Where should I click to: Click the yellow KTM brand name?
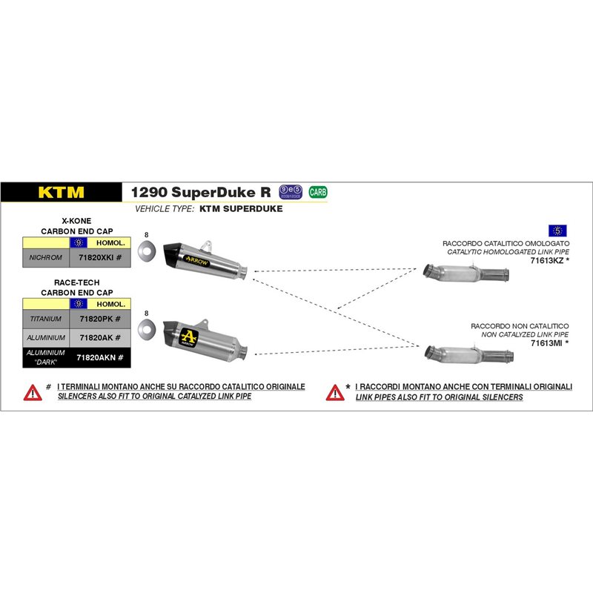point(61,193)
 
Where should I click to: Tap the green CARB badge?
point(318,192)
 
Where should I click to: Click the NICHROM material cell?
point(45,258)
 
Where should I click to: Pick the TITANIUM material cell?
point(45,319)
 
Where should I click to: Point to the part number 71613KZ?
point(549,261)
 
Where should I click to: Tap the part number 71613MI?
point(549,343)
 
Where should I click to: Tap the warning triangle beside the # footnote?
point(33,392)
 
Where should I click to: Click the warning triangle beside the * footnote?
point(335,392)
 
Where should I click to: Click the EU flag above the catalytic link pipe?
point(557,230)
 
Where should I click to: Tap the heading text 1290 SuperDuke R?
point(201,192)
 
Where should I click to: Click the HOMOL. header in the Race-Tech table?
point(110,304)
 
